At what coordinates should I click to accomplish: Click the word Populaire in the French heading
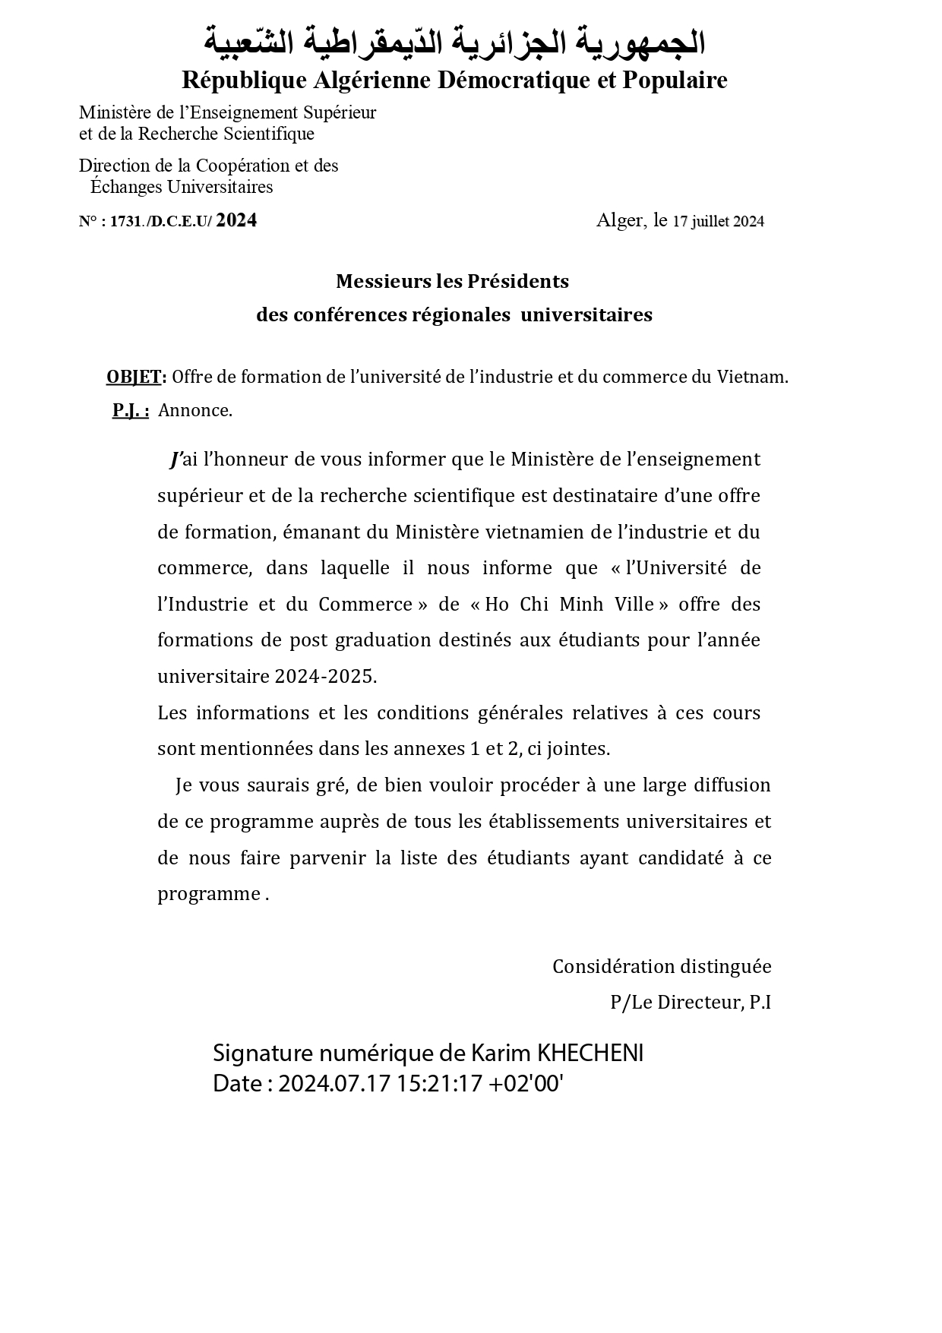point(675,80)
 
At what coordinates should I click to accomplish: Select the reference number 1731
point(125,222)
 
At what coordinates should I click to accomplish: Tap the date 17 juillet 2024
point(718,221)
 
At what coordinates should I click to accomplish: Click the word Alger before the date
point(619,220)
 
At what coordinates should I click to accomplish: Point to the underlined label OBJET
point(133,377)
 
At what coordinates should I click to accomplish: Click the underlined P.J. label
point(130,411)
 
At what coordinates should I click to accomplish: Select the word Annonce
point(194,411)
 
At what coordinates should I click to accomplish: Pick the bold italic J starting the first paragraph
point(176,459)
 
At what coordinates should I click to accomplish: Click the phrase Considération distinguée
point(661,966)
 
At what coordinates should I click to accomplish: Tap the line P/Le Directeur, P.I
point(690,1002)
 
